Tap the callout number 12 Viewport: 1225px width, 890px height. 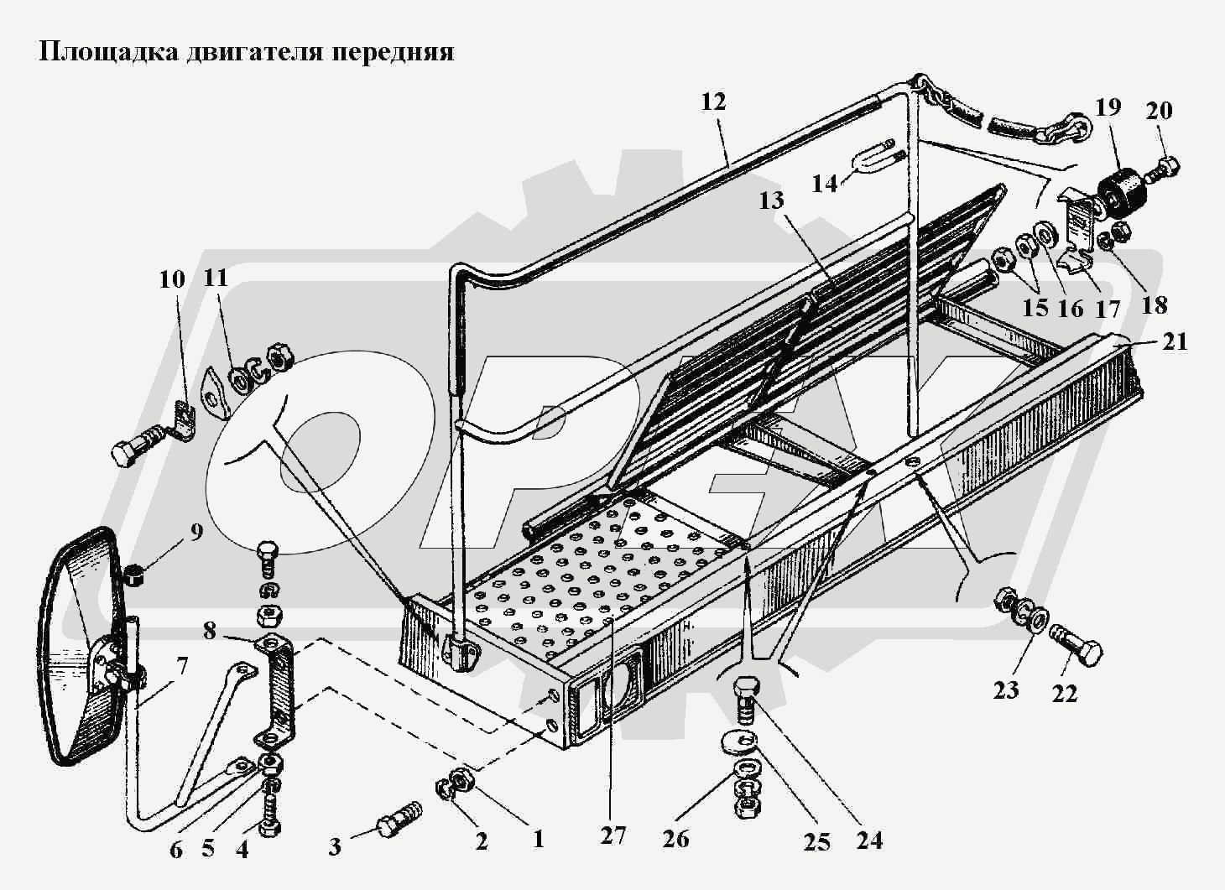click(x=713, y=102)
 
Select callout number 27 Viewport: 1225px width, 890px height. click(x=612, y=835)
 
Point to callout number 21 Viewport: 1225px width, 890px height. click(x=1175, y=341)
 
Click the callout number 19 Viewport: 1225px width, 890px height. click(x=1108, y=107)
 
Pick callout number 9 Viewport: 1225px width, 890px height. click(x=195, y=532)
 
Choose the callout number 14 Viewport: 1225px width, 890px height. click(x=825, y=182)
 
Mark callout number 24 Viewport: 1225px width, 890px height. click(x=869, y=839)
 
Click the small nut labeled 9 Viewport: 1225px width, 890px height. click(x=133, y=575)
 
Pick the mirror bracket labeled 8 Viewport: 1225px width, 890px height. click(x=277, y=692)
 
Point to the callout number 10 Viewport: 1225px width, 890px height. click(x=172, y=278)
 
